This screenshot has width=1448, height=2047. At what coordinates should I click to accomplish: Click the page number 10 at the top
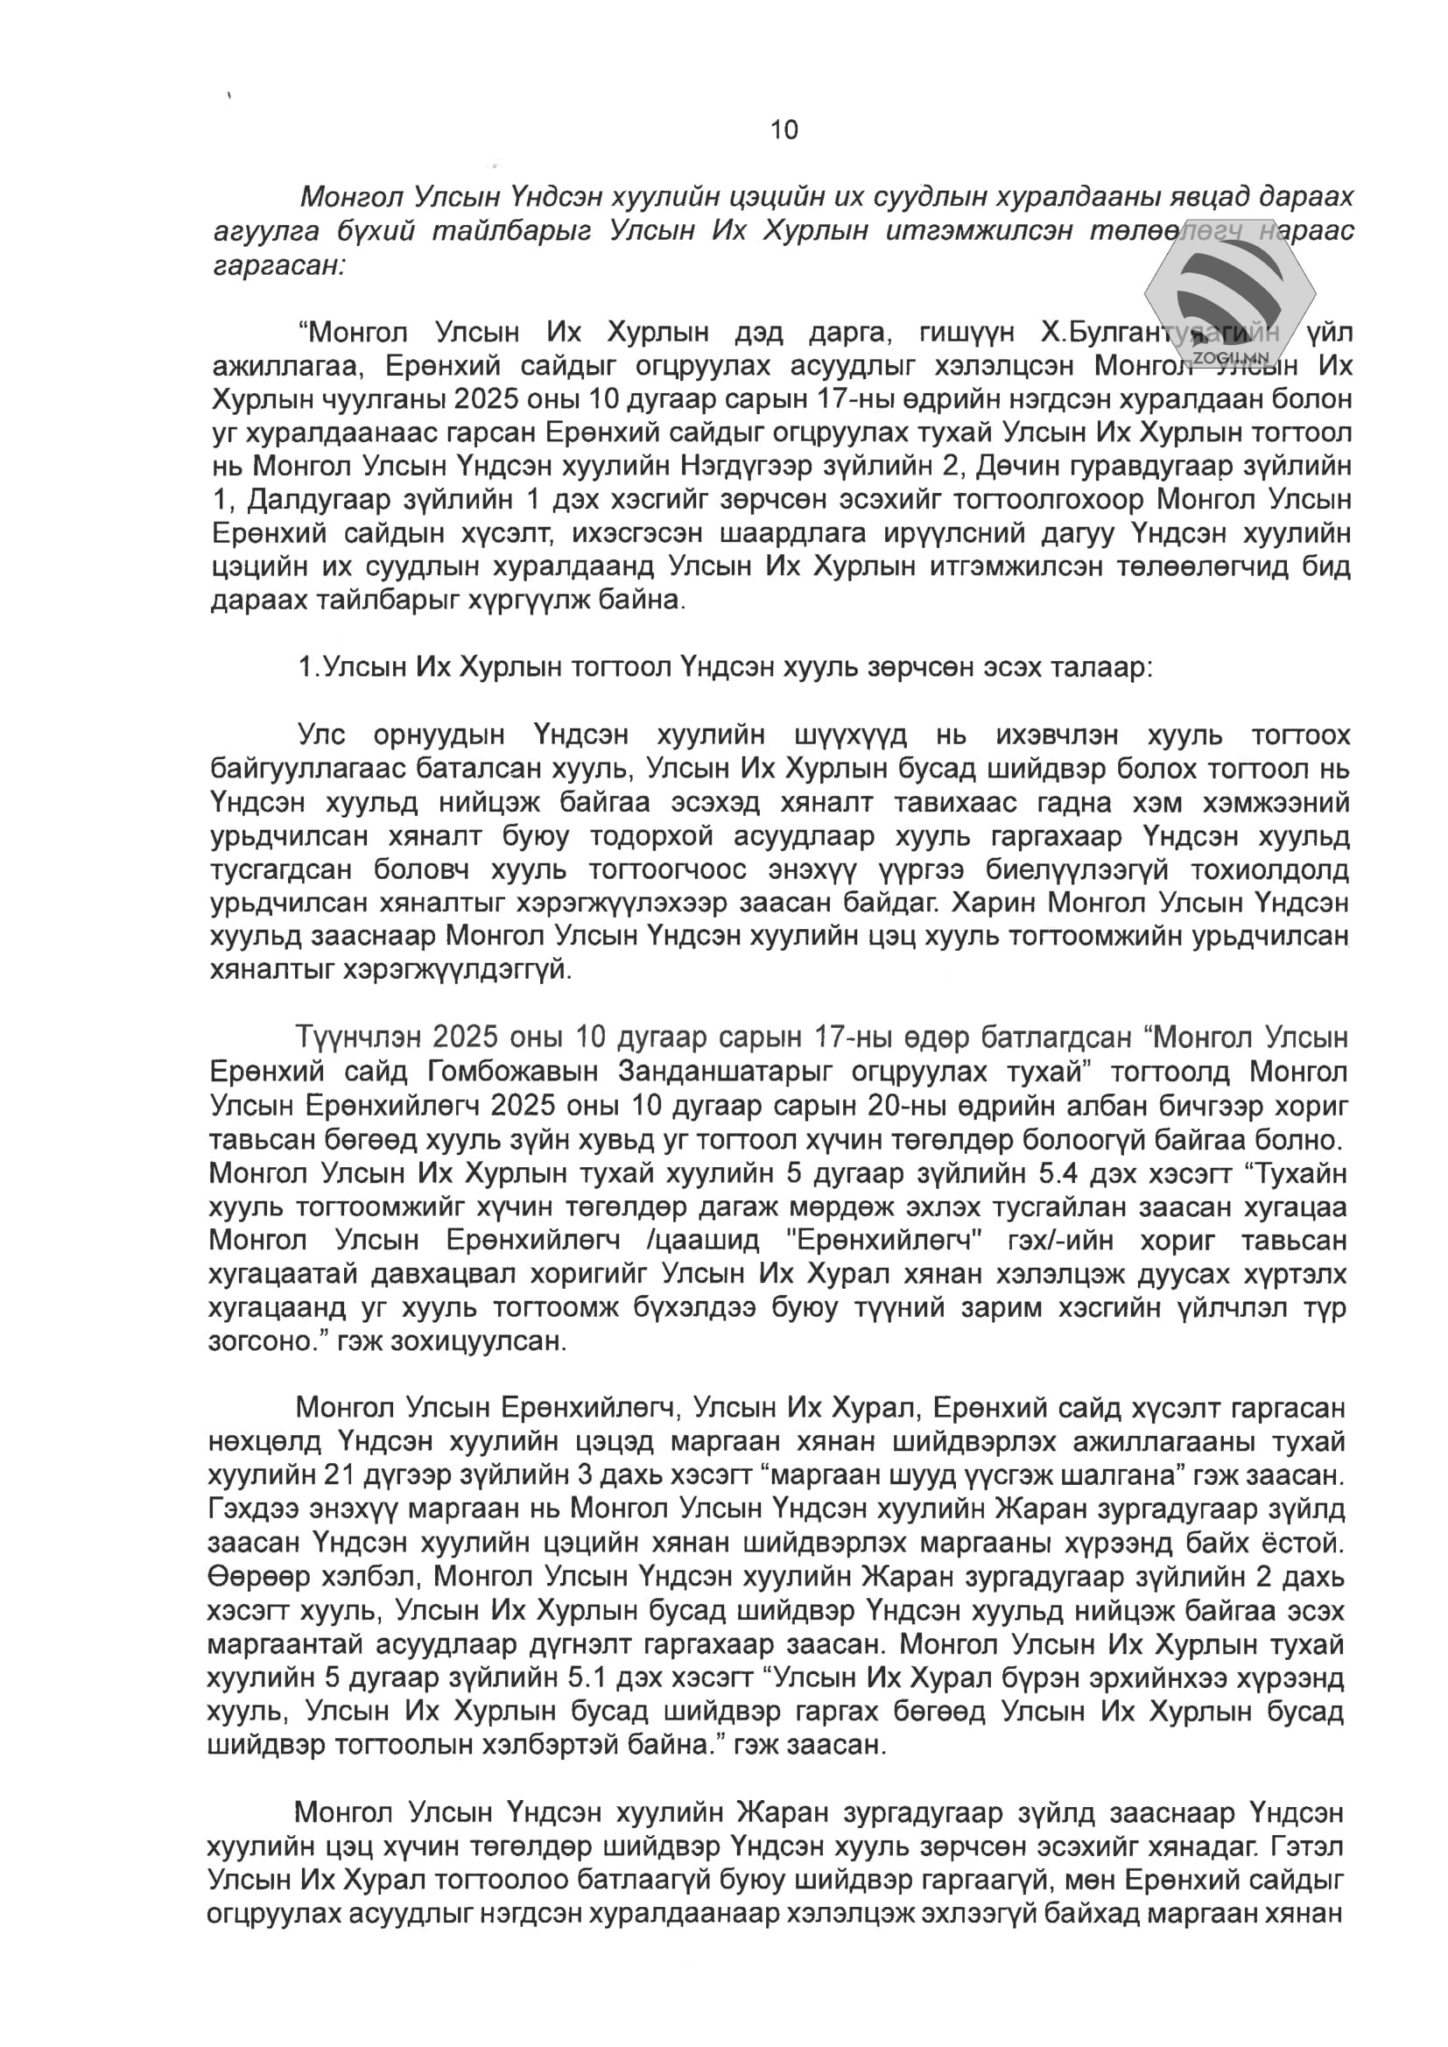pos(784,130)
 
